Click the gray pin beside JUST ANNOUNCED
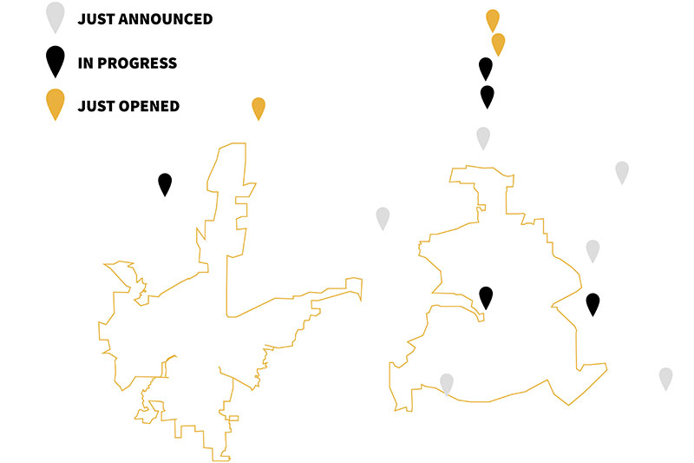56,16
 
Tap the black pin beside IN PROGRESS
56,60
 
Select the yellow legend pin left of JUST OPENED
56,103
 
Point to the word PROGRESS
137,63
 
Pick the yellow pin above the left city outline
259,108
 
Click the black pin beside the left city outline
165,183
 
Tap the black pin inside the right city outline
486,297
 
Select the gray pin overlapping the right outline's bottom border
447,383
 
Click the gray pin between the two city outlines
383,217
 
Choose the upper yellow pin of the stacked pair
493,19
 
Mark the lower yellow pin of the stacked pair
498,43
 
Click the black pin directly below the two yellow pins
486,68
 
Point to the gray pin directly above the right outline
483,137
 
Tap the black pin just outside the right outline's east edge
593,303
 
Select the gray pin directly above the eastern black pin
593,250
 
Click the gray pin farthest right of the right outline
665,378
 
